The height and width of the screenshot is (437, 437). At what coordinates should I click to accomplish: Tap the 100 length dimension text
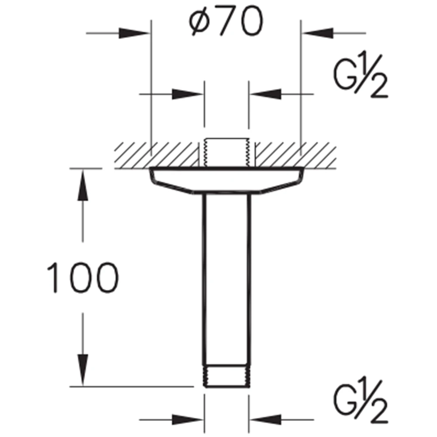click(x=83, y=277)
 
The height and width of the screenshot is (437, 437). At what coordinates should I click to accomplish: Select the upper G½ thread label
click(x=361, y=74)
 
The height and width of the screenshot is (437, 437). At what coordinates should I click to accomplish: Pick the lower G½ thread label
click(x=361, y=400)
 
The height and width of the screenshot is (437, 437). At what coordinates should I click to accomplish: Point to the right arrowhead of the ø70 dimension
click(x=317, y=33)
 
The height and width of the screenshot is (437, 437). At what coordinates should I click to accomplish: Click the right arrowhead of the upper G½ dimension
click(x=265, y=94)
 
